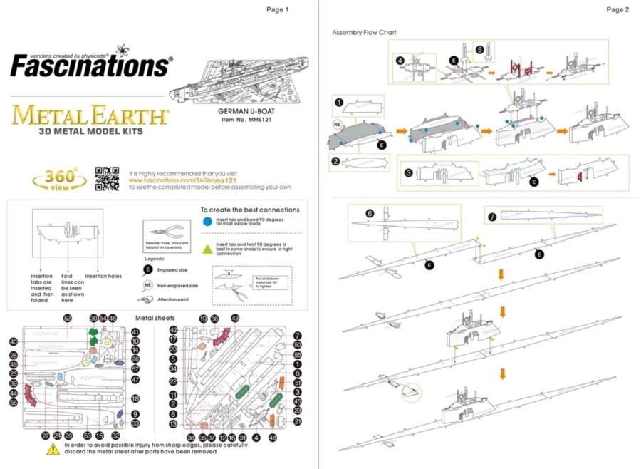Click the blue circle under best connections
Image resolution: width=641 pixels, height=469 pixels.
click(x=207, y=222)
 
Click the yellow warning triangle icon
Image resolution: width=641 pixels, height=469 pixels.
click(x=53, y=450)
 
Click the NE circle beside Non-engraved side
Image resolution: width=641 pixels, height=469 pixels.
click(x=147, y=284)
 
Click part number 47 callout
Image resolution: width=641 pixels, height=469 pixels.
click(x=135, y=379)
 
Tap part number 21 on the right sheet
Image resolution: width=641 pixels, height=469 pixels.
click(x=298, y=421)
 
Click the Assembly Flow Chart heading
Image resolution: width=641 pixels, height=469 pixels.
click(x=364, y=33)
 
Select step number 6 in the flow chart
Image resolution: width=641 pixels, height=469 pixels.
click(x=370, y=213)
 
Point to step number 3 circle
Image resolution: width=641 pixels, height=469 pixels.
click(x=409, y=172)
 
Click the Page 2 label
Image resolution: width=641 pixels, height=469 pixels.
click(x=617, y=9)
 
